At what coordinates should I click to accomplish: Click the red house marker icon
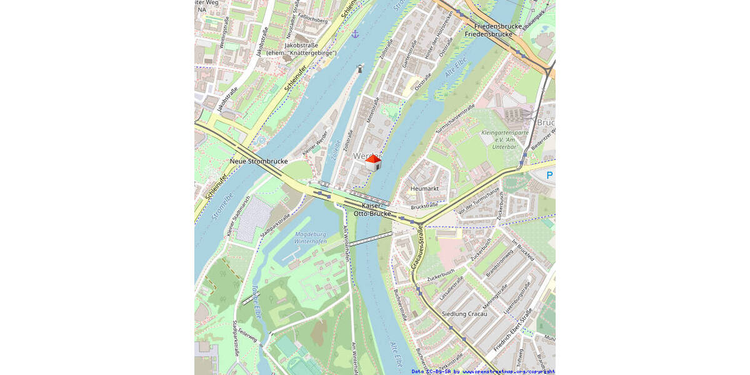[x=373, y=162]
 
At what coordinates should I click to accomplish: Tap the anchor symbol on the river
[x=355, y=34]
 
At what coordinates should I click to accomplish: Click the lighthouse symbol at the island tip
[x=360, y=68]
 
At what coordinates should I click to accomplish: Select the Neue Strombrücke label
[x=259, y=161]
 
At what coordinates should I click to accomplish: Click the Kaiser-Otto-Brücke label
[x=372, y=209]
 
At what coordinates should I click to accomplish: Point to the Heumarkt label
[x=424, y=188]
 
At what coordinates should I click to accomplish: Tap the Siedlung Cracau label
[x=464, y=314]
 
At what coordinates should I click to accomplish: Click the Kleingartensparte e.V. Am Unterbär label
[x=506, y=139]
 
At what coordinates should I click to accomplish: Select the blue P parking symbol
[x=549, y=176]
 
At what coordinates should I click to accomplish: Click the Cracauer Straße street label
[x=417, y=249]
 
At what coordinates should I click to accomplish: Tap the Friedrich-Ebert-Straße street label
[x=512, y=330]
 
